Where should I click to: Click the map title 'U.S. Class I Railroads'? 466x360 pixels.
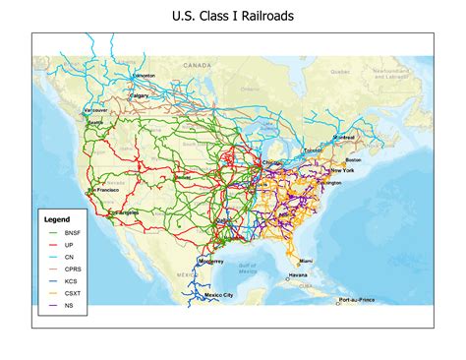[x=233, y=16]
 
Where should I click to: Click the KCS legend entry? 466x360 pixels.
[x=68, y=280]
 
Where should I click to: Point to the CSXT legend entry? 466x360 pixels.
[x=69, y=293]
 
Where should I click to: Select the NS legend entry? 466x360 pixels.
[x=66, y=306]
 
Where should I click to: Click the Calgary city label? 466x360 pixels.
[x=141, y=95]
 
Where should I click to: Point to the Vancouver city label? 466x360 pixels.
[x=95, y=110]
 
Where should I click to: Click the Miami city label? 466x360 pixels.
[x=308, y=261]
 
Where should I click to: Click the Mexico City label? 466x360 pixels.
[x=218, y=295]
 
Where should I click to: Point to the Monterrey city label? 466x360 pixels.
[x=211, y=262]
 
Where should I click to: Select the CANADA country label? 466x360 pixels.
[x=198, y=66]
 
